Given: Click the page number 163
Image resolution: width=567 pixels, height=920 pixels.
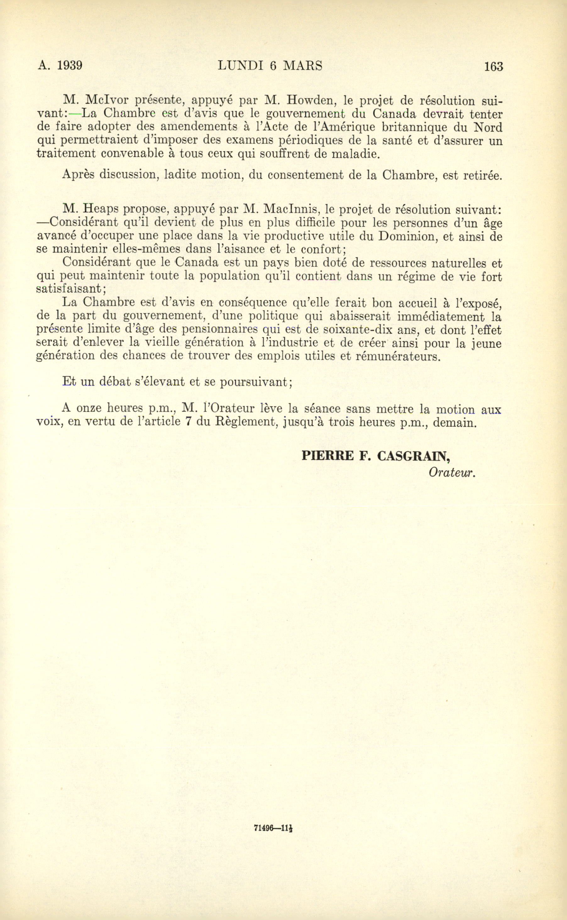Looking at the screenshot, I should point(493,66).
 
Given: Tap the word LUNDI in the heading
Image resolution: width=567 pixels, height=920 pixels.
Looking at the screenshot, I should point(240,66).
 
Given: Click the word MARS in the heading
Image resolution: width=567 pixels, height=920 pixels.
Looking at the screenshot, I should point(303,66).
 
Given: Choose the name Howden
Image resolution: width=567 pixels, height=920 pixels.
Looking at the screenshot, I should point(308,100).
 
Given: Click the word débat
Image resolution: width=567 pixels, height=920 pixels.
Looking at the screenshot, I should point(115,382).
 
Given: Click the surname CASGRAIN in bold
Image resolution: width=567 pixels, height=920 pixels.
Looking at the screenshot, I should point(413,456).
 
